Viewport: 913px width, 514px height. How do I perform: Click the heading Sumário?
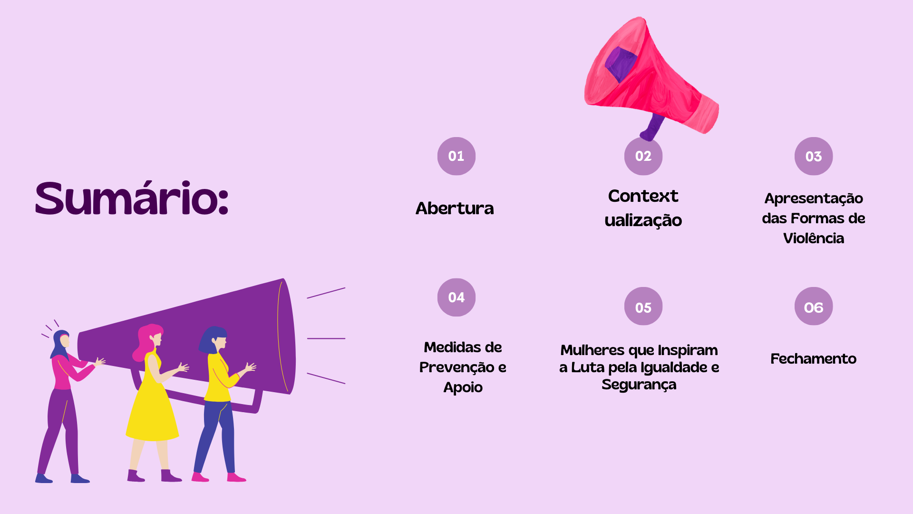point(132,198)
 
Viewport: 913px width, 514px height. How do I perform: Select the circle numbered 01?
point(456,156)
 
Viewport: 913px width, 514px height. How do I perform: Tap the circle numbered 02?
point(643,156)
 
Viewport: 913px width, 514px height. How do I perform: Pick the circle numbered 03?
point(813,156)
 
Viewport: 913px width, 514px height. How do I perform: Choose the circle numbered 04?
point(456,297)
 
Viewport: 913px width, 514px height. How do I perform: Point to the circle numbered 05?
point(643,306)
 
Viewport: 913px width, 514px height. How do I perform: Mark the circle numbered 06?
point(813,306)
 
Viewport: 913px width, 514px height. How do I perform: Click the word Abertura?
point(455,208)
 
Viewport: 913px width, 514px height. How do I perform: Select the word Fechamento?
point(813,358)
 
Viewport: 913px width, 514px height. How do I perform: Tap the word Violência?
point(813,237)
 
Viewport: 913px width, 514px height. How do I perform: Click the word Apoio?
point(463,387)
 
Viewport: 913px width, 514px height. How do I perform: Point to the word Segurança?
point(639,385)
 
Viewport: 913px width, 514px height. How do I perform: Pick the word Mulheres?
point(592,350)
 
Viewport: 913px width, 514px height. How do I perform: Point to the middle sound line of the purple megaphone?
point(326,338)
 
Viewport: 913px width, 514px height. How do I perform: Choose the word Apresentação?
point(813,198)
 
